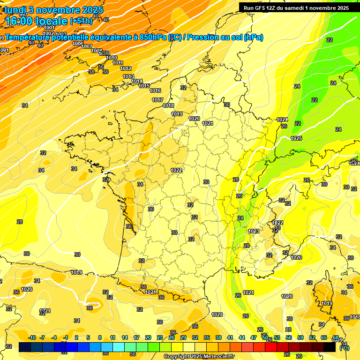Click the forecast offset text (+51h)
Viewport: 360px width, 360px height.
pyautogui.click(x=81, y=21)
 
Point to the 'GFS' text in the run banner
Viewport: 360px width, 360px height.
pyautogui.click(x=262, y=8)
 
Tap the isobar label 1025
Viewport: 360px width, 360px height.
pyautogui.click(x=296, y=138)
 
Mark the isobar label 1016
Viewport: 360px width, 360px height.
pyautogui.click(x=156, y=90)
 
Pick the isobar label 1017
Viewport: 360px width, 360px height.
pyautogui.click(x=157, y=100)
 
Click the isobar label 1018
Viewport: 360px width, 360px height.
pyautogui.click(x=168, y=105)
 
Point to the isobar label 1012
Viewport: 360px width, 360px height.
pyautogui.click(x=126, y=68)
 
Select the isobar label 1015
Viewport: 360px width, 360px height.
pyautogui.click(x=144, y=86)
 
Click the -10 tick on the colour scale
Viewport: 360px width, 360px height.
pyautogui.click(x=32, y=337)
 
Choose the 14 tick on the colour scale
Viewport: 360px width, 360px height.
pyautogui.click(x=125, y=337)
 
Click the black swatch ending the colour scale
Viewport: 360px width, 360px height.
pyautogui.click(x=330, y=347)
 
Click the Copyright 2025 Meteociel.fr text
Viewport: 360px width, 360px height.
pyautogui.click(x=199, y=356)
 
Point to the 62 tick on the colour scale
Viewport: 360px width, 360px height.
pyautogui.click(x=312, y=337)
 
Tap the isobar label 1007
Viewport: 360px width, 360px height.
pyautogui.click(x=86, y=46)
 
